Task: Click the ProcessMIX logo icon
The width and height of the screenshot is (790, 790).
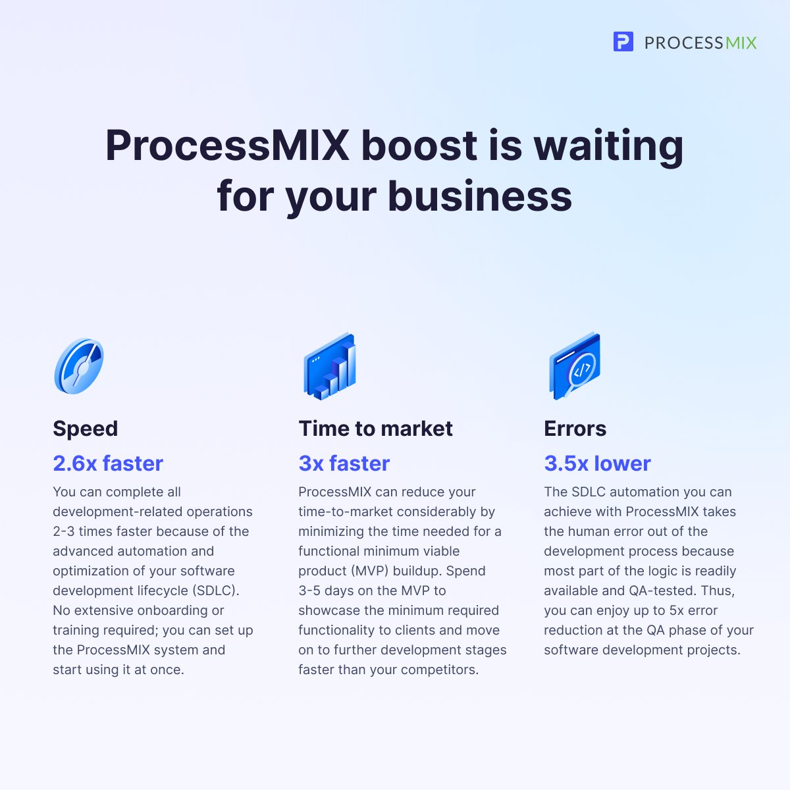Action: coord(623,42)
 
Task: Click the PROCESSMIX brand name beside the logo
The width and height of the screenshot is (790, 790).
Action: coord(700,43)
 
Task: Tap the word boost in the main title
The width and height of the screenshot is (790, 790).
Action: coord(419,146)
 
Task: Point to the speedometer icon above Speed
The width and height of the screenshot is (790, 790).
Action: coord(79,366)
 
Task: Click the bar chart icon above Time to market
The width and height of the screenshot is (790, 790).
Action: coord(330,367)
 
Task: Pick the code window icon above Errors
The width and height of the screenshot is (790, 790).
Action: coord(575,367)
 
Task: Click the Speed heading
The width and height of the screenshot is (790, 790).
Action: coord(86,429)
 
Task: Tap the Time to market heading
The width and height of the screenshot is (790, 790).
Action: coord(375,429)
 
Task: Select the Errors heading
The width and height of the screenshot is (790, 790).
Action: coord(575,429)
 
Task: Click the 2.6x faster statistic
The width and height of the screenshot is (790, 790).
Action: coord(108,463)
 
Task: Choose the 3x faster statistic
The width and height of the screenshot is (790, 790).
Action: coord(344,463)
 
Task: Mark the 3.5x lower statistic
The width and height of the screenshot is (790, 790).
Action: coord(597,463)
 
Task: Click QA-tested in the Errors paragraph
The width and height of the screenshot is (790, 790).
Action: coord(662,591)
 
